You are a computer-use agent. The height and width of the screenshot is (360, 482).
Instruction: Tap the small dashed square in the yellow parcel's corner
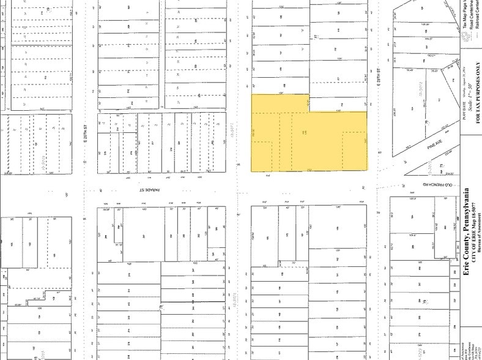(x=262, y=156)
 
